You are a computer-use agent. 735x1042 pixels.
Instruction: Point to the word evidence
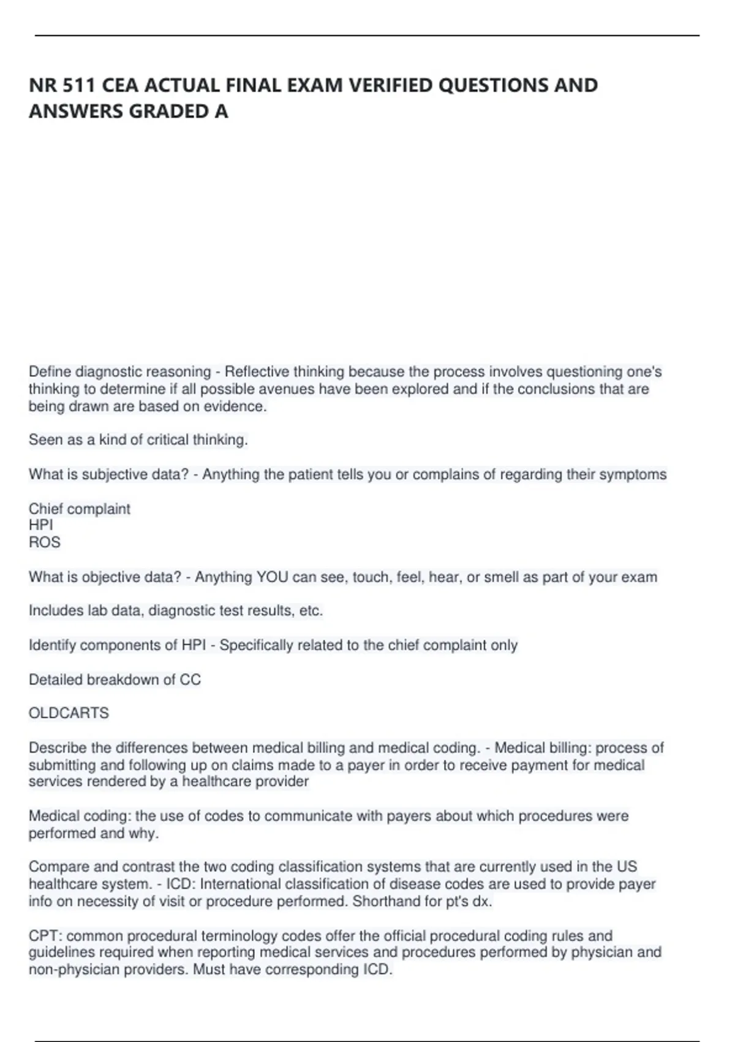point(236,406)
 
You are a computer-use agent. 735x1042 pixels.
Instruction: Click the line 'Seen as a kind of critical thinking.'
point(138,440)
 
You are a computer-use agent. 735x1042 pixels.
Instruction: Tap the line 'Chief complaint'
point(80,509)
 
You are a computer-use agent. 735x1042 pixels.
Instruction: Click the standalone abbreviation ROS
point(45,542)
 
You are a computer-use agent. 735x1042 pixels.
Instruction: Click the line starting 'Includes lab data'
point(176,611)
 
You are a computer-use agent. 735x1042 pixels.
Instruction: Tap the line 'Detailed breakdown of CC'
point(115,680)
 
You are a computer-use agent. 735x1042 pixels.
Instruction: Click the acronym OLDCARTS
point(69,713)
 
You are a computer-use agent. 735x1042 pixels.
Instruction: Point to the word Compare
point(59,867)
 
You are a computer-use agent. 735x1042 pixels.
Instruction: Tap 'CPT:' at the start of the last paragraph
point(45,937)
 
